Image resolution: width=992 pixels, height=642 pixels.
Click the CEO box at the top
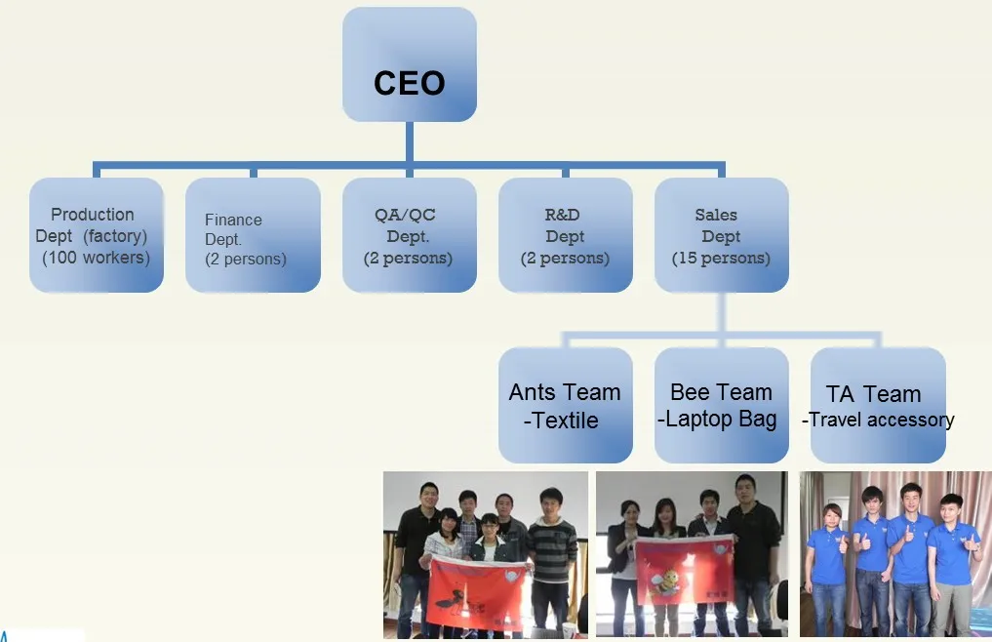[x=409, y=65]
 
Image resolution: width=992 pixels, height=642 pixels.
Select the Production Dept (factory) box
[x=96, y=235]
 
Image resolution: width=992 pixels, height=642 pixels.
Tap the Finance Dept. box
[x=252, y=235]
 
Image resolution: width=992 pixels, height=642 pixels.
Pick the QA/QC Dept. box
[x=409, y=235]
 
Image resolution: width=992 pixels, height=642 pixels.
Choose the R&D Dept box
[x=565, y=235]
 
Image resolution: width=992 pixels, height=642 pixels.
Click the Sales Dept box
[x=721, y=235]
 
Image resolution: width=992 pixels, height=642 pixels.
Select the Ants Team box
[x=565, y=405]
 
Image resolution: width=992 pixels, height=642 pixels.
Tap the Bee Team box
[x=721, y=405]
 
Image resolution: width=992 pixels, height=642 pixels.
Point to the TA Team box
[x=877, y=405]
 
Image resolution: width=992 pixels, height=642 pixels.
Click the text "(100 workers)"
[x=96, y=259]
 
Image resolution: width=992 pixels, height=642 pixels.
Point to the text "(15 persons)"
[x=721, y=259]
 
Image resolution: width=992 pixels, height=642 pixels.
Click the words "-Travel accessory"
[x=878, y=421]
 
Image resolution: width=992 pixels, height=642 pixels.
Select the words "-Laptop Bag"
[x=718, y=420]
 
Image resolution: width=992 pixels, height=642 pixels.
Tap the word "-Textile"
[x=561, y=421]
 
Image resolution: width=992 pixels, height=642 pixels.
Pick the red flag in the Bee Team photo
[x=685, y=568]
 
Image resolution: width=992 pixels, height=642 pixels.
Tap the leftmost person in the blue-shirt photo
[x=828, y=566]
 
